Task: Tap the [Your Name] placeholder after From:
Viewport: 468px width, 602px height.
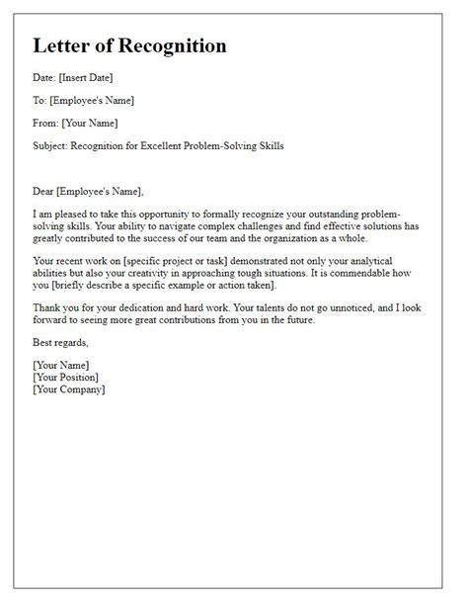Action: (x=90, y=124)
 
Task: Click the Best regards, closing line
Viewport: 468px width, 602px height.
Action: (x=60, y=342)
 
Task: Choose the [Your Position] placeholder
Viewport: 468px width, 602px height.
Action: (x=65, y=377)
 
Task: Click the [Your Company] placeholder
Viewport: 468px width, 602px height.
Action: (x=69, y=388)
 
